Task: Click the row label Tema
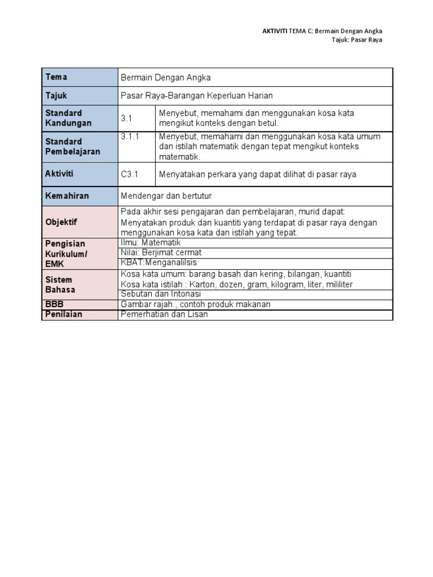click(x=56, y=77)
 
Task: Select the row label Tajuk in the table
click(x=56, y=96)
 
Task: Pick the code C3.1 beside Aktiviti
click(x=130, y=174)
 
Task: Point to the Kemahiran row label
click(x=67, y=196)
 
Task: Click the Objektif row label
click(x=61, y=222)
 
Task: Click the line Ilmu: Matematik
click(x=151, y=242)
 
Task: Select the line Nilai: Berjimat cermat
click(x=161, y=252)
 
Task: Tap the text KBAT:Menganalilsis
click(x=159, y=263)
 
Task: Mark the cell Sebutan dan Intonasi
click(x=161, y=294)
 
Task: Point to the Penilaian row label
click(x=64, y=314)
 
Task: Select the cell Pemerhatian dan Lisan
click(x=164, y=314)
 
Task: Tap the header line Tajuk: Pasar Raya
click(x=356, y=40)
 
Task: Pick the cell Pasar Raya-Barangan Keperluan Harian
click(x=197, y=96)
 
